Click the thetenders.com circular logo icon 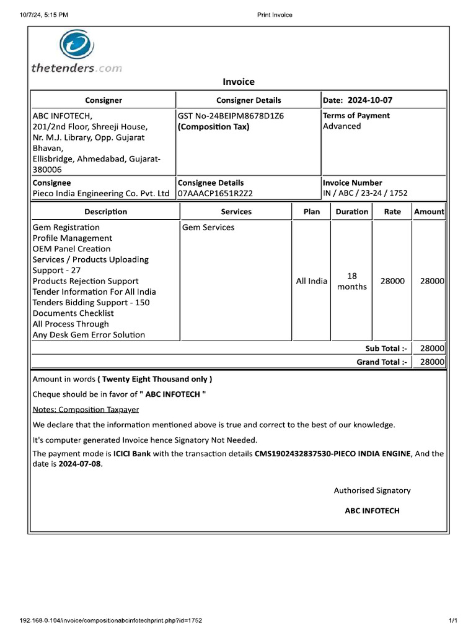coord(76,46)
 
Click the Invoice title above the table coord(239,82)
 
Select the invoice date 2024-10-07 coord(370,100)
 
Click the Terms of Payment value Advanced coord(342,126)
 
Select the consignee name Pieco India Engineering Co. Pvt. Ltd coord(101,193)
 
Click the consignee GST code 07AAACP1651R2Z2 coord(215,193)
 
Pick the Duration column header coord(351,212)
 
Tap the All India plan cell coord(311,281)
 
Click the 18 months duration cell coord(351,281)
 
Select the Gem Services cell coord(208,227)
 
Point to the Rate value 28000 coord(392,281)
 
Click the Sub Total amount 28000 coord(432,349)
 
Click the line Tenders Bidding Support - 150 coord(90,303)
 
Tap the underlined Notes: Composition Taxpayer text coord(86,409)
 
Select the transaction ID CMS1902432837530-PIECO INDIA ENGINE coord(332,454)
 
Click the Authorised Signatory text coord(372,490)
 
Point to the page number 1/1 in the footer coord(452,620)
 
